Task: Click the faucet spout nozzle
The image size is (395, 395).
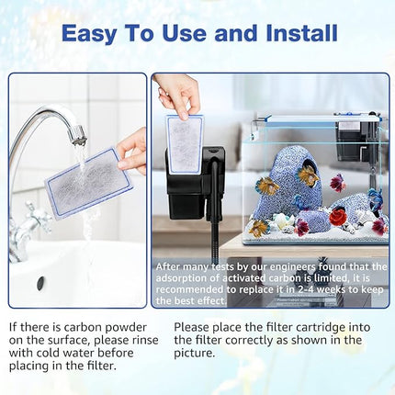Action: (78, 137)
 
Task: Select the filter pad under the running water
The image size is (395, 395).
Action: (88, 184)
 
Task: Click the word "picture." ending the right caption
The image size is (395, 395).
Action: (194, 352)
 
